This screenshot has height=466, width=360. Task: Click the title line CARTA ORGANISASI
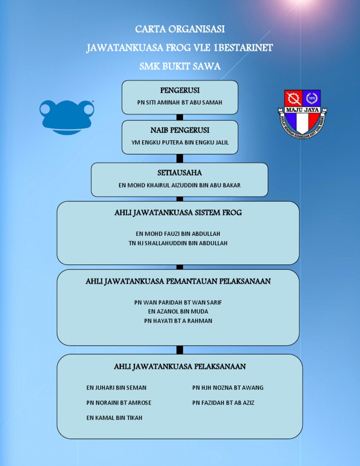point(180,30)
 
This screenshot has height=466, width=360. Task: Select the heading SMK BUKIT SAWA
point(180,66)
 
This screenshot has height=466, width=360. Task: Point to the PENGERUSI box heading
point(180,89)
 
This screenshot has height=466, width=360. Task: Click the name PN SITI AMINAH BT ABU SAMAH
point(180,102)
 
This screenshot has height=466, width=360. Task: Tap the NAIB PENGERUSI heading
point(180,129)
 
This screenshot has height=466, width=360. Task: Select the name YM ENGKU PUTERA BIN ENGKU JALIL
point(180,143)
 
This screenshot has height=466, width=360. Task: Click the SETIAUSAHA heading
point(180,173)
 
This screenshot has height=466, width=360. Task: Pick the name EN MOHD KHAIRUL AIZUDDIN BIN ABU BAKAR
point(180,185)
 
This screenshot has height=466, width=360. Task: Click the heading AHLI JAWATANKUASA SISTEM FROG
point(178,213)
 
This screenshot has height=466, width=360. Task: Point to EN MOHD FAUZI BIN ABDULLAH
point(178,233)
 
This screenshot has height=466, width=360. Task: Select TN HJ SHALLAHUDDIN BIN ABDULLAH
point(178,243)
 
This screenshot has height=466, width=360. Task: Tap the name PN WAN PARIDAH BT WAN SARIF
point(178,302)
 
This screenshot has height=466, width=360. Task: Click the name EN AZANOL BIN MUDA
point(178,311)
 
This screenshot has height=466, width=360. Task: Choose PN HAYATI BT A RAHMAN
point(178,321)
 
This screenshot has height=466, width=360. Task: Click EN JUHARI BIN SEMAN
point(116,388)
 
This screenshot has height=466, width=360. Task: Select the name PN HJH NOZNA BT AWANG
point(228,388)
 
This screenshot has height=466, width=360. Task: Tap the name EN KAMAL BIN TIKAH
point(114,418)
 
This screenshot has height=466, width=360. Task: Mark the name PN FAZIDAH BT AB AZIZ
point(223,403)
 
